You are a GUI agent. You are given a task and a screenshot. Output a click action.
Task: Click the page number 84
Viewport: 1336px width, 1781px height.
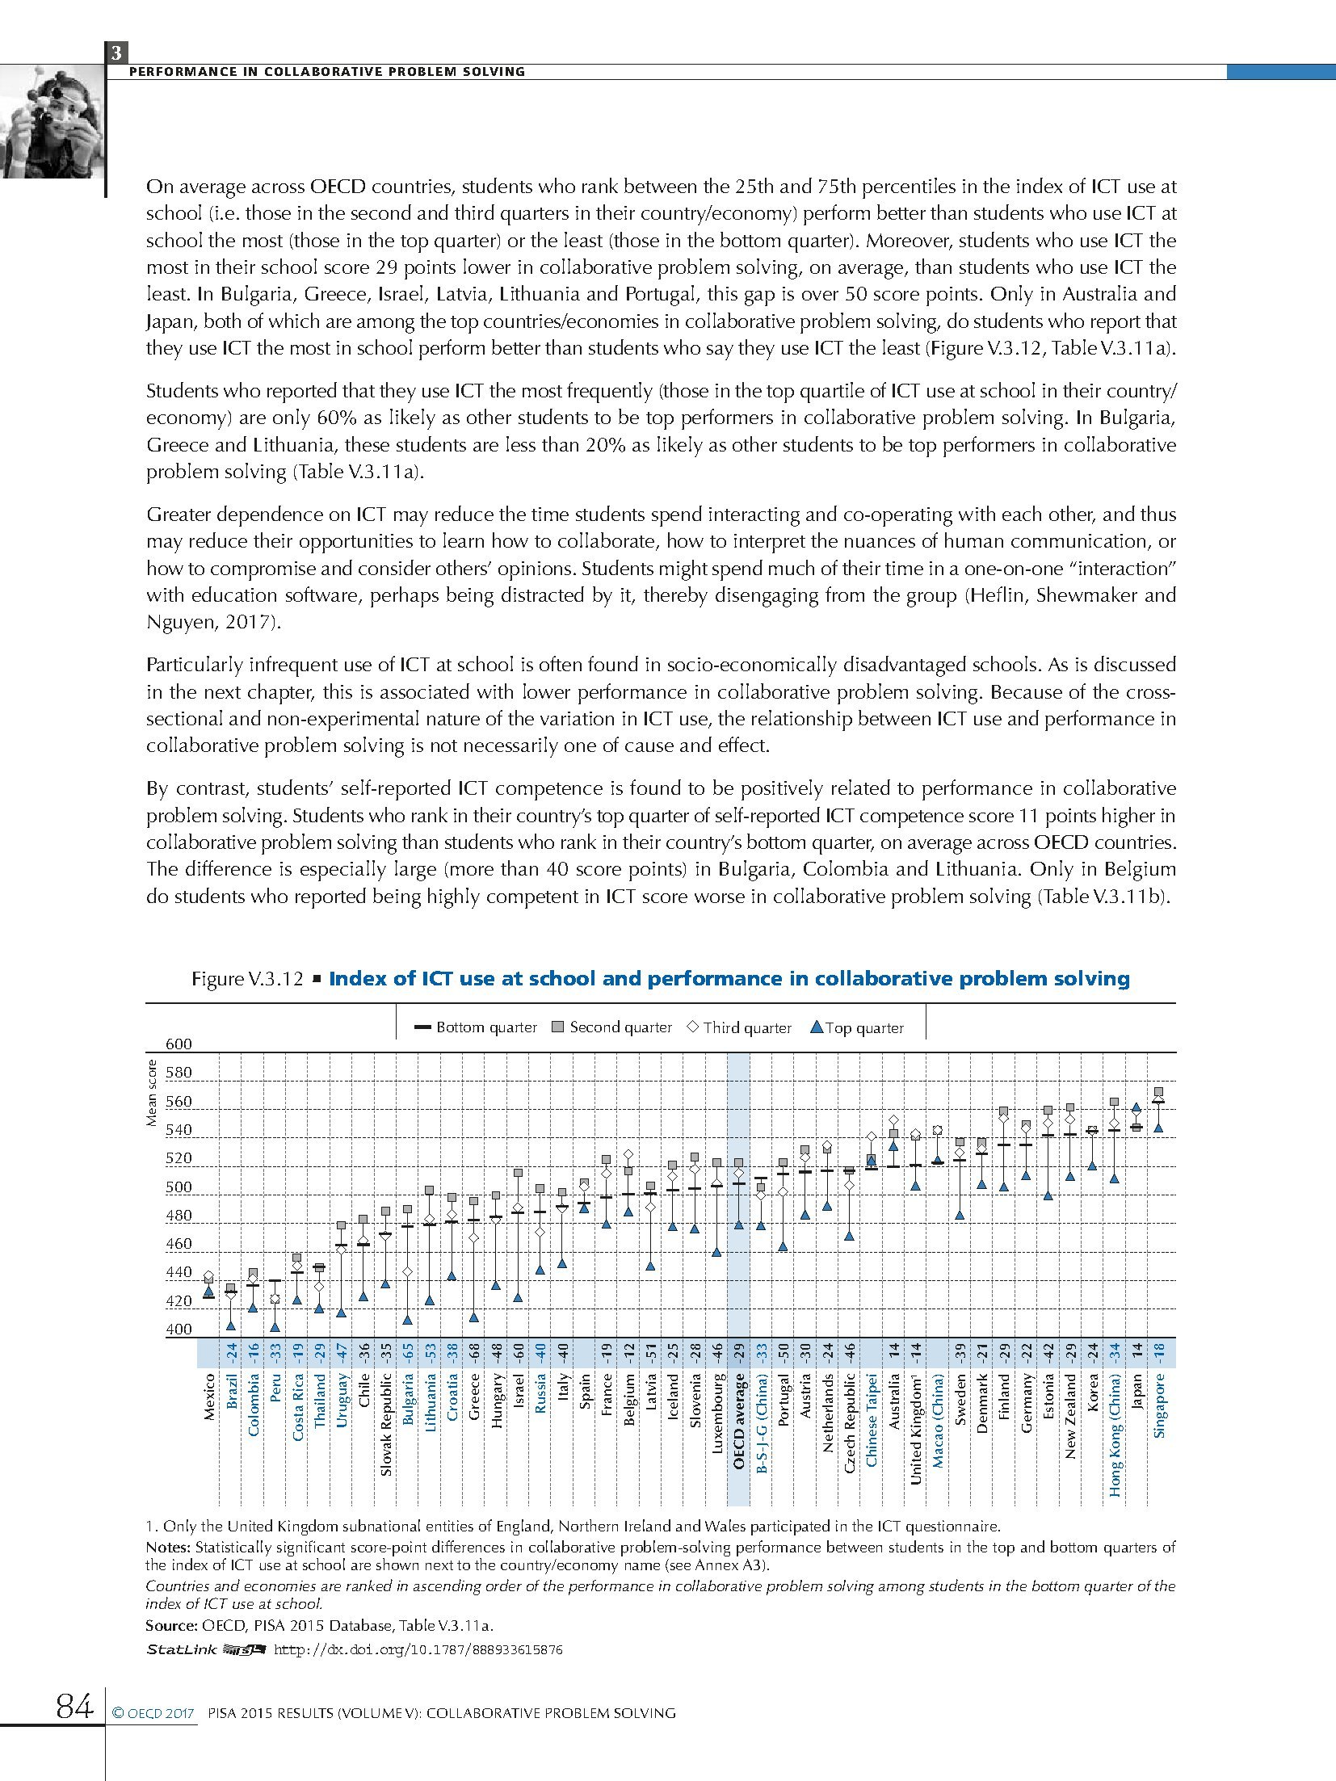pyautogui.click(x=74, y=1706)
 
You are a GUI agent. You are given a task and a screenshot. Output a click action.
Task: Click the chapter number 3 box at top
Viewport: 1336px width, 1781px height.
pyautogui.click(x=116, y=53)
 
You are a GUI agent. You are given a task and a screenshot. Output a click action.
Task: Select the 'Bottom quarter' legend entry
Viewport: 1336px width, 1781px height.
pyautogui.click(x=476, y=1027)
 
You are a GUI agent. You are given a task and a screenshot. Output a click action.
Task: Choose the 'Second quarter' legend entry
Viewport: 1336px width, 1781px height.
pyautogui.click(x=611, y=1027)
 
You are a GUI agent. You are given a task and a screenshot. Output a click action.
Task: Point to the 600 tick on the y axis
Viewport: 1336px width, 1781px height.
pyautogui.click(x=179, y=1044)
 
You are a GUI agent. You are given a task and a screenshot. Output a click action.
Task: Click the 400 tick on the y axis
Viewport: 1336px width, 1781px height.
pyautogui.click(x=179, y=1329)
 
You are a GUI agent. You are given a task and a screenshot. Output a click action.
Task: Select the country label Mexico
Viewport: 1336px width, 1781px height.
pyautogui.click(x=209, y=1397)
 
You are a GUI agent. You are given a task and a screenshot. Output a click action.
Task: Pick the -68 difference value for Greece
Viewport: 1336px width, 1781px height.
pyautogui.click(x=475, y=1352)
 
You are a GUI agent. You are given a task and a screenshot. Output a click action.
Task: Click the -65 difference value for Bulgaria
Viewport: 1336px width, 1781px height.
pyautogui.click(x=409, y=1352)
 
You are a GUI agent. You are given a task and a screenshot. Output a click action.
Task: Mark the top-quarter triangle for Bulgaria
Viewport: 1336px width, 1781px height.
pyautogui.click(x=408, y=1319)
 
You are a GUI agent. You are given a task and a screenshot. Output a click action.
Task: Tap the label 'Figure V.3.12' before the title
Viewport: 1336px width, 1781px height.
pyautogui.click(x=246, y=979)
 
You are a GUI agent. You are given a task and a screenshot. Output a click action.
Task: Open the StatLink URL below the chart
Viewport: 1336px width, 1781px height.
pyautogui.click(x=418, y=1650)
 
